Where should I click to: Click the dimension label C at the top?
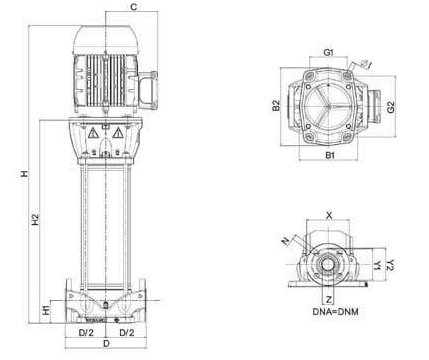click(x=134, y=7)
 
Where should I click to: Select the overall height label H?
click(x=24, y=174)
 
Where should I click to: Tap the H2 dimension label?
click(x=35, y=220)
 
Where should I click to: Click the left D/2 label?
click(x=86, y=332)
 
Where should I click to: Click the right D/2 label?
click(x=127, y=332)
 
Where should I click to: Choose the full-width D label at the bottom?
click(x=106, y=344)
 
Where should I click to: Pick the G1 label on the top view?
click(x=328, y=52)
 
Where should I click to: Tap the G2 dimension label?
click(x=391, y=107)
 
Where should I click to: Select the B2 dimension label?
click(x=276, y=105)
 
